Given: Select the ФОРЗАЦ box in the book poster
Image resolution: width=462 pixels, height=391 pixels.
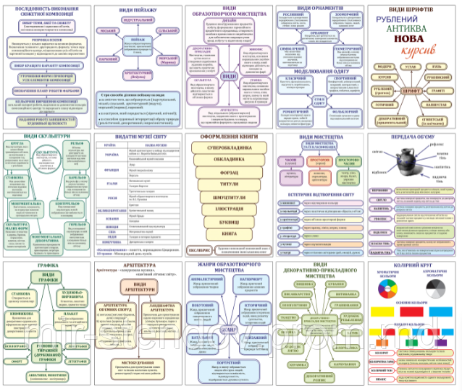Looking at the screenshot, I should (232, 172).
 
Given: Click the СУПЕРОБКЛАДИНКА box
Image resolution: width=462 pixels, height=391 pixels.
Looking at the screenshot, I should (232, 147).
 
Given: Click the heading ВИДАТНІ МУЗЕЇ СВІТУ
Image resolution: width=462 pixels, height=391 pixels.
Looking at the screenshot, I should (138, 137).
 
